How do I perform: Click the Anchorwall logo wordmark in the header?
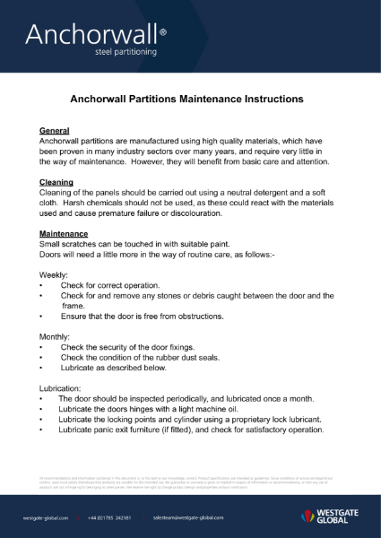[x=90, y=34]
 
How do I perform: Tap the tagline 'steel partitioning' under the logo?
[x=126, y=52]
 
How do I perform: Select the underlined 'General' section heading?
[x=56, y=131]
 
